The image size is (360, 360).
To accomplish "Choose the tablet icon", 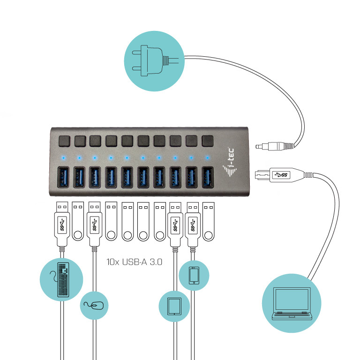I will (x=175, y=306).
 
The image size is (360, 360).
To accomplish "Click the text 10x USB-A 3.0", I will (x=135, y=262).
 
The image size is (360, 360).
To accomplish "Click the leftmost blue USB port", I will (x=63, y=179).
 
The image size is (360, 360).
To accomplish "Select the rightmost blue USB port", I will (x=207, y=179).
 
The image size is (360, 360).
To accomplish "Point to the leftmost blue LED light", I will (x=62, y=157).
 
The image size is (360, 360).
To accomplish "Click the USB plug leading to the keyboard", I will (x=62, y=225).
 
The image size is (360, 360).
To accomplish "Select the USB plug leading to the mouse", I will (x=95, y=225).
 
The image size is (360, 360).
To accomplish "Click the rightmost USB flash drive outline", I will (x=208, y=223).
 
